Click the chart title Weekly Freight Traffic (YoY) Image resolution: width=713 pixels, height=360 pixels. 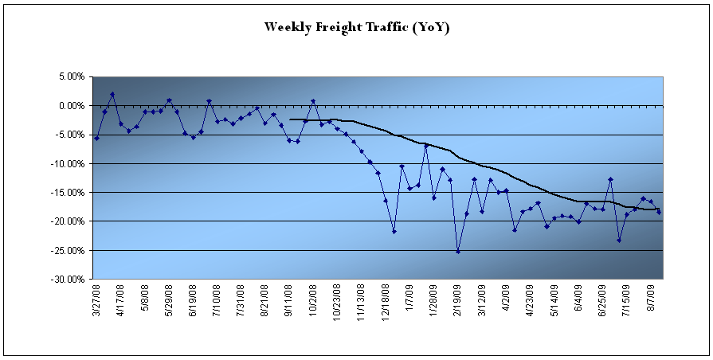(358, 27)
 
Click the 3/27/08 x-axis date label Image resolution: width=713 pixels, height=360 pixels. (97, 301)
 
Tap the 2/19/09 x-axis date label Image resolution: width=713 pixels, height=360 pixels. (458, 301)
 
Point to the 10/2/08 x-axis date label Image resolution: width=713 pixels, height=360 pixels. (314, 301)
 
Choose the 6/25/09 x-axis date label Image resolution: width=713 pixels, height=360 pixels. (603, 301)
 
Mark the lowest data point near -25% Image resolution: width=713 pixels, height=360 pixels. (458, 251)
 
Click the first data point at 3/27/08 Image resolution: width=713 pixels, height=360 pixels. (96, 138)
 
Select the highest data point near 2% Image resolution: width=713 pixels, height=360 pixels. (112, 94)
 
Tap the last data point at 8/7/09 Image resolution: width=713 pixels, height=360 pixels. (659, 212)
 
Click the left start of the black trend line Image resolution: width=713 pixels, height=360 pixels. (290, 119)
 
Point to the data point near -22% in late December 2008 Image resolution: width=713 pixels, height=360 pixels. (394, 231)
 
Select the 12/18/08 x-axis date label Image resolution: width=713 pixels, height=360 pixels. (386, 303)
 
